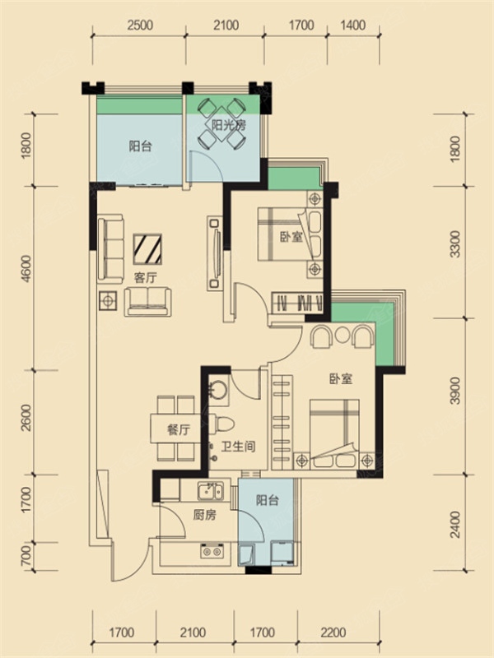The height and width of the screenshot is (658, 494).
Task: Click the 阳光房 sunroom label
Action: (229, 125)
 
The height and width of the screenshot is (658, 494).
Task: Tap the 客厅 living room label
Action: (146, 277)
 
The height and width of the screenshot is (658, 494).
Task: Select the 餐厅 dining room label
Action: (179, 429)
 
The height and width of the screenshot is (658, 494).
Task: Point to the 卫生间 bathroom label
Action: (238, 446)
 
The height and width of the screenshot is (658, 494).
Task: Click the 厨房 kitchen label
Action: (204, 515)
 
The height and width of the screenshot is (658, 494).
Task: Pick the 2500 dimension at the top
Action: (140, 25)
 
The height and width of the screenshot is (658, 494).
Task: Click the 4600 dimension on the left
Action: (26, 269)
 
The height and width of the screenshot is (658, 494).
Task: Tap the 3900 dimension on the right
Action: (455, 391)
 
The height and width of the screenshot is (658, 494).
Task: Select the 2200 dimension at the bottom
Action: (333, 632)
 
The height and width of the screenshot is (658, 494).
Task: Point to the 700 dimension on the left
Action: (26, 554)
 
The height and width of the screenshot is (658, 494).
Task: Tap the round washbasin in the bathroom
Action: (218, 390)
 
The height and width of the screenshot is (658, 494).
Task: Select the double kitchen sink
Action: (212, 490)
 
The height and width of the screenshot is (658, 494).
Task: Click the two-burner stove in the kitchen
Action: (212, 550)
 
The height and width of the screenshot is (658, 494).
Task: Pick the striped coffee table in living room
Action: (147, 249)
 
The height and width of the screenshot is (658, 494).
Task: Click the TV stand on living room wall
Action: (215, 253)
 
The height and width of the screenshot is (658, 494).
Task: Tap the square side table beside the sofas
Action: (108, 300)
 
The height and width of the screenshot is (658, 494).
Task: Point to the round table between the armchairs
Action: (343, 334)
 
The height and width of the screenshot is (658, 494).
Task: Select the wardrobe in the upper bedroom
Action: (298, 303)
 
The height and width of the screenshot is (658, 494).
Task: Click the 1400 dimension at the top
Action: (353, 25)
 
